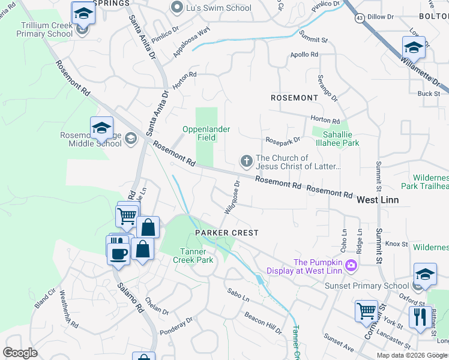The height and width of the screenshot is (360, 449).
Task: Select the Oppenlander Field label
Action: (208, 133)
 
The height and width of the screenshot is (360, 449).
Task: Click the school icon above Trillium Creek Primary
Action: (83, 13)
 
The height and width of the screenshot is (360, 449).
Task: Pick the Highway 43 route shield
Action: (359, 19)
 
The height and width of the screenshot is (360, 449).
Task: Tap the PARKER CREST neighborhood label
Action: (226, 233)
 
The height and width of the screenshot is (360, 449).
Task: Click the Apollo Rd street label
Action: (305, 55)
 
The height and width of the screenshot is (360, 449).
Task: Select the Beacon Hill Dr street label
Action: (263, 323)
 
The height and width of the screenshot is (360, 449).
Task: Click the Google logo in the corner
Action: (20, 352)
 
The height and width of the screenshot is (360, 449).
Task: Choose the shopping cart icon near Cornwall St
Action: (366, 311)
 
